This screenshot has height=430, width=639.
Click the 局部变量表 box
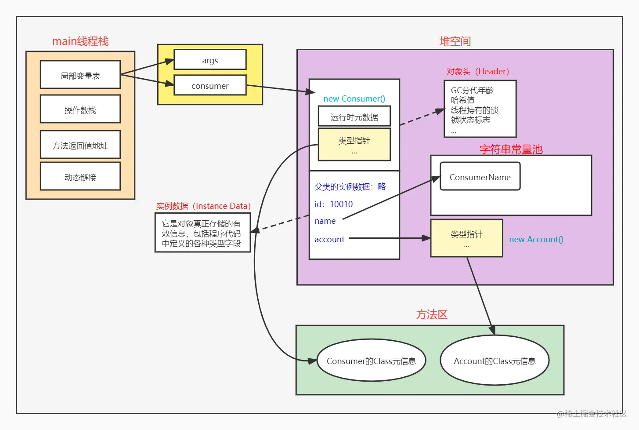click(x=80, y=75)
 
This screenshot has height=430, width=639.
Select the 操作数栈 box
click(x=80, y=109)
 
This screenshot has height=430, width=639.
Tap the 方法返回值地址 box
click(x=80, y=145)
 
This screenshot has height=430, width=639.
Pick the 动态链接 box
click(x=80, y=177)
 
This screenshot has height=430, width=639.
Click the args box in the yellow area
click(x=210, y=60)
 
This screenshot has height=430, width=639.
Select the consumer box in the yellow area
click(x=210, y=86)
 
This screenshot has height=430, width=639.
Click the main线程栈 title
click(x=80, y=41)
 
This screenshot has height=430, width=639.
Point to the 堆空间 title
click(x=455, y=41)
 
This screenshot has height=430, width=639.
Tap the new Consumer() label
click(x=354, y=98)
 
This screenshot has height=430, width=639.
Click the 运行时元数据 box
click(x=354, y=117)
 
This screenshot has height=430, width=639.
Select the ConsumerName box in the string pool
click(x=480, y=177)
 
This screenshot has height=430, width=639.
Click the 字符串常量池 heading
click(x=511, y=149)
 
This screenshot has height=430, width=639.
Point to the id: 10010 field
click(x=333, y=204)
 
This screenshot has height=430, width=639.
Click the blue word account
click(x=329, y=239)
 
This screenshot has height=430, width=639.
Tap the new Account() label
click(x=536, y=239)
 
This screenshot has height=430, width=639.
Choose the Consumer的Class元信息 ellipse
click(x=371, y=361)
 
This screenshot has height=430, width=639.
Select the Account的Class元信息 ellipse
click(x=495, y=361)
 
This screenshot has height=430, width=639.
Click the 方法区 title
click(x=432, y=314)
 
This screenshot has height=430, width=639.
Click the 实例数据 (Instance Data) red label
click(x=203, y=206)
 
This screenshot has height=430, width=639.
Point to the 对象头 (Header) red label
click(x=477, y=71)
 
